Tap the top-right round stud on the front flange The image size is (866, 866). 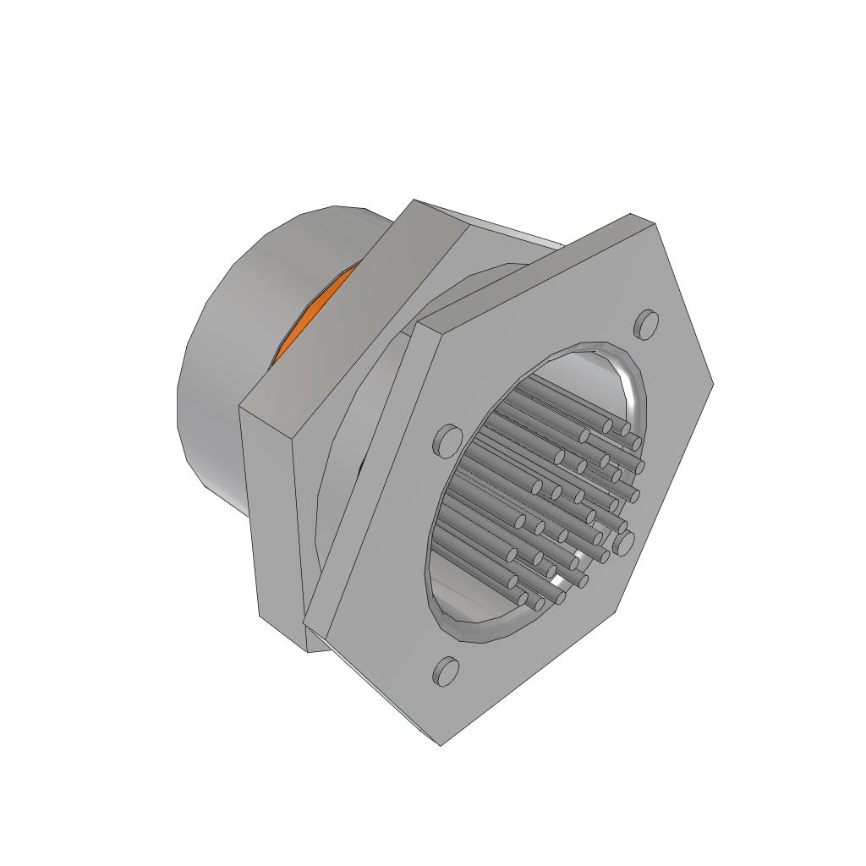(x=646, y=323)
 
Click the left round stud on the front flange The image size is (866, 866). (x=448, y=439)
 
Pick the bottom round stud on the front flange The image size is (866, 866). (x=446, y=671)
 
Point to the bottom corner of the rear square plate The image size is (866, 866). (x=308, y=651)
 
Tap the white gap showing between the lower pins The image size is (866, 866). (x=558, y=582)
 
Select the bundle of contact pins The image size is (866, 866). (x=550, y=491)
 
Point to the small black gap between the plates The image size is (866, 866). (x=361, y=464)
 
